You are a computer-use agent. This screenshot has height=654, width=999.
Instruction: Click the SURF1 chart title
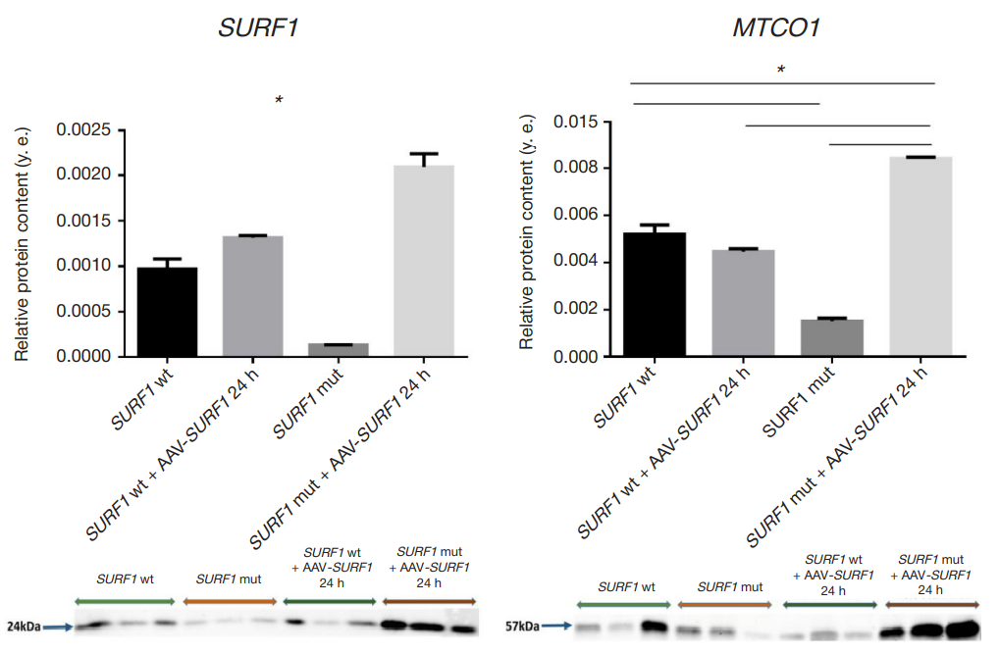258,28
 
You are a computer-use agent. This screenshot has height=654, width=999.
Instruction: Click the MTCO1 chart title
775,28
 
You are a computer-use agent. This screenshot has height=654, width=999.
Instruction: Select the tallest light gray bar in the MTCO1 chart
920,256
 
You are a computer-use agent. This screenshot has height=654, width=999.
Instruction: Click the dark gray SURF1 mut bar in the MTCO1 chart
832,337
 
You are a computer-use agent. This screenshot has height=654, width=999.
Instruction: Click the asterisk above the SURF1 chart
279,100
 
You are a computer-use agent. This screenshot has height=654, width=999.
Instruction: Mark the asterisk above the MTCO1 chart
781,70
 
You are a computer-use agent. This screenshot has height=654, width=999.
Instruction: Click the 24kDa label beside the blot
25,626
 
